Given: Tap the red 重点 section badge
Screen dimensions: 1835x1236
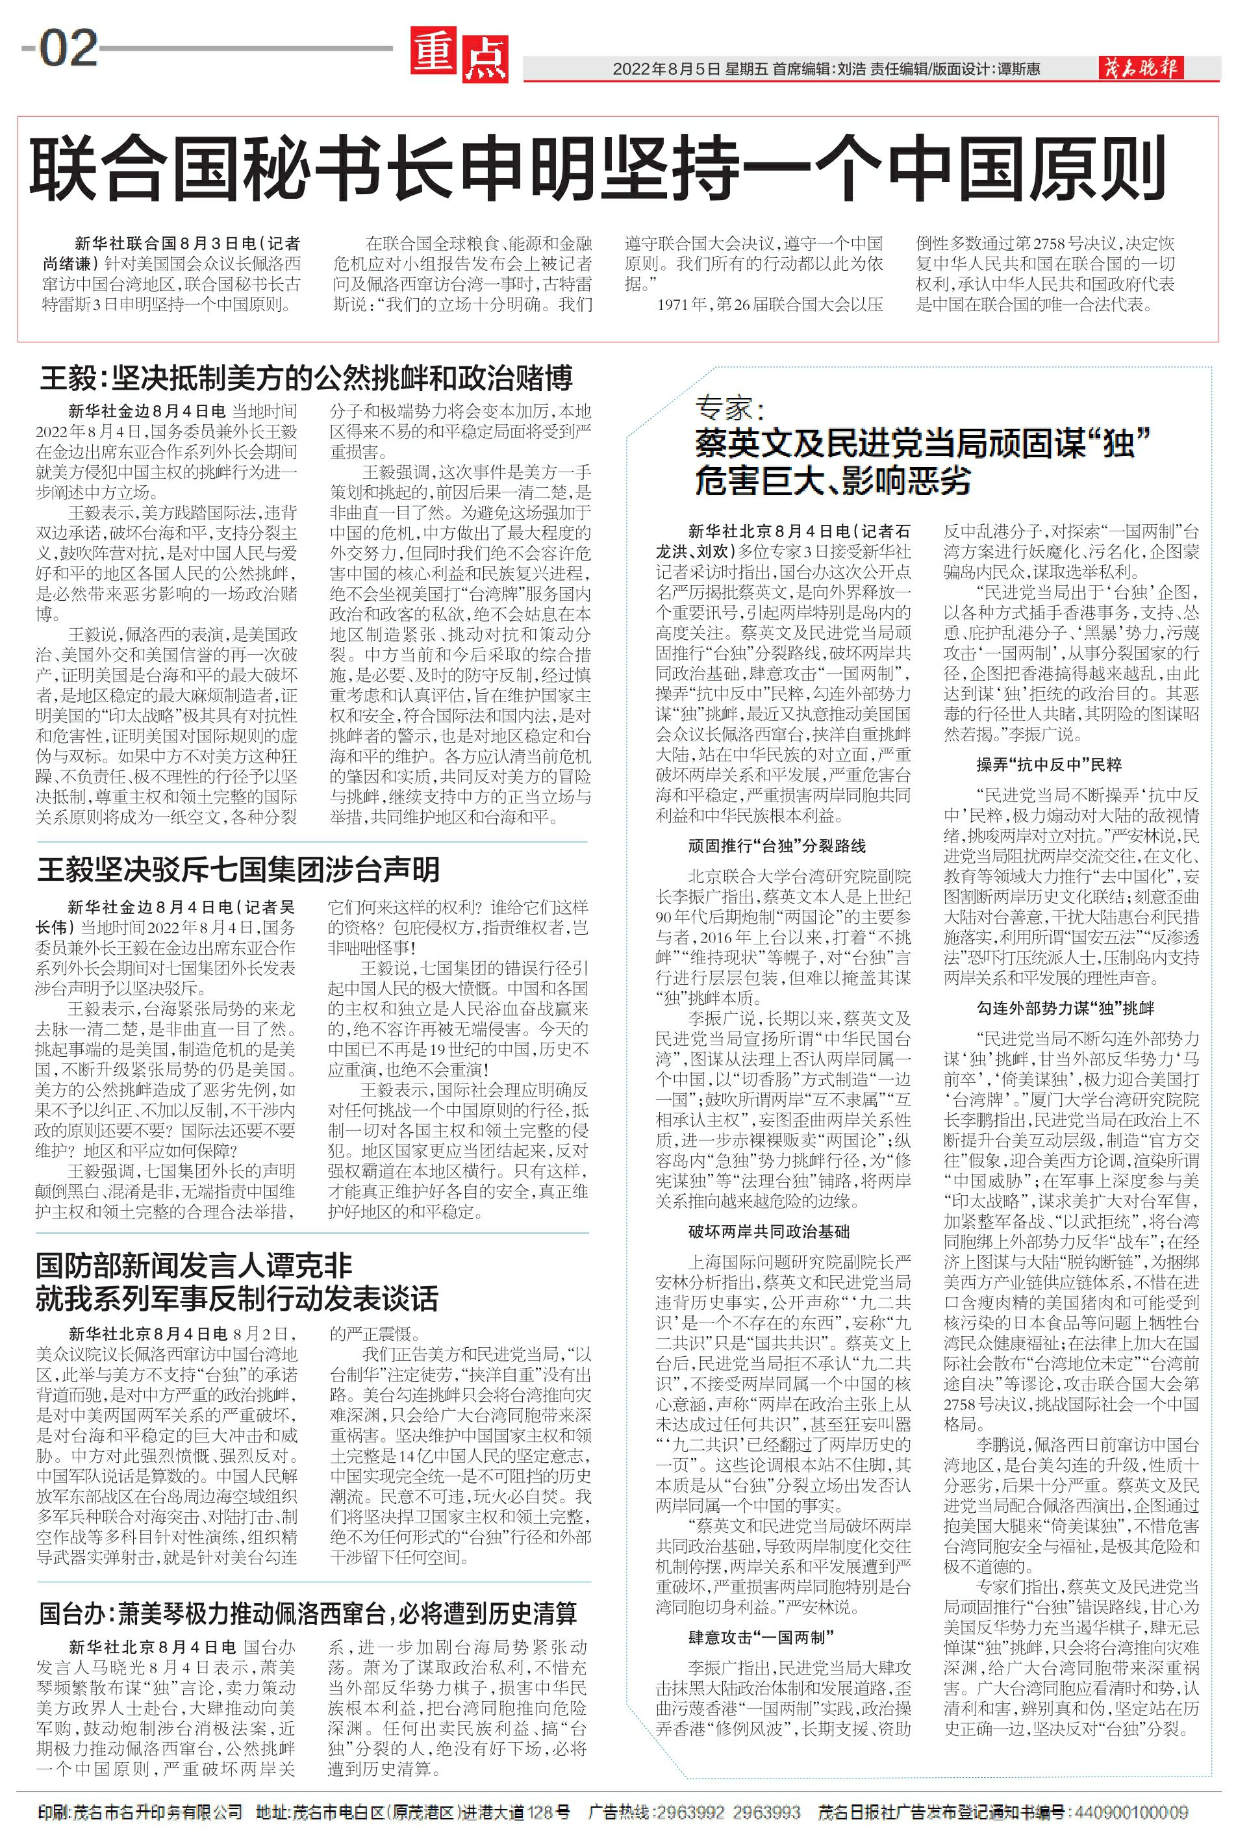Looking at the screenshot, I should point(459,56).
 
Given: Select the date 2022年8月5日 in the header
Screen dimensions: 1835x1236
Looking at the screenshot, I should point(666,70).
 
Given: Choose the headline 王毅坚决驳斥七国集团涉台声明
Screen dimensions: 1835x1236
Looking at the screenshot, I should point(238,870).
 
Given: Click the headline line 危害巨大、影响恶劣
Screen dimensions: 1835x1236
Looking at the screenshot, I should point(831,481).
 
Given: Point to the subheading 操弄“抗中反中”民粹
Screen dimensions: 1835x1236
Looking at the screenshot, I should point(1049,765).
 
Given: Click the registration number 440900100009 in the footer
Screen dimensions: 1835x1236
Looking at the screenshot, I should point(1129,1813).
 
